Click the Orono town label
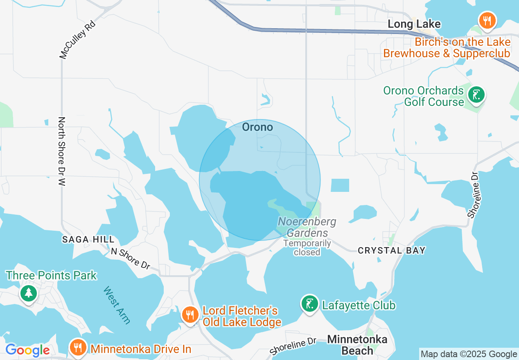257,127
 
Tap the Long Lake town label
414,24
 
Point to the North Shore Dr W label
62,152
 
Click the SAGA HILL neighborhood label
88,239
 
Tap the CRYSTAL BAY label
392,250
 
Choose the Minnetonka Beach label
357,345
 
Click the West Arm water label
117,305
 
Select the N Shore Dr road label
131,259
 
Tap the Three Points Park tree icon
28,293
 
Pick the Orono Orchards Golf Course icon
476,95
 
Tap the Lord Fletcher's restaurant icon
190,315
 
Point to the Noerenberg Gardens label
307,227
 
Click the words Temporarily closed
307,248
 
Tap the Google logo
27,350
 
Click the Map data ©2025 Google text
469,354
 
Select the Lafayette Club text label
359,305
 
